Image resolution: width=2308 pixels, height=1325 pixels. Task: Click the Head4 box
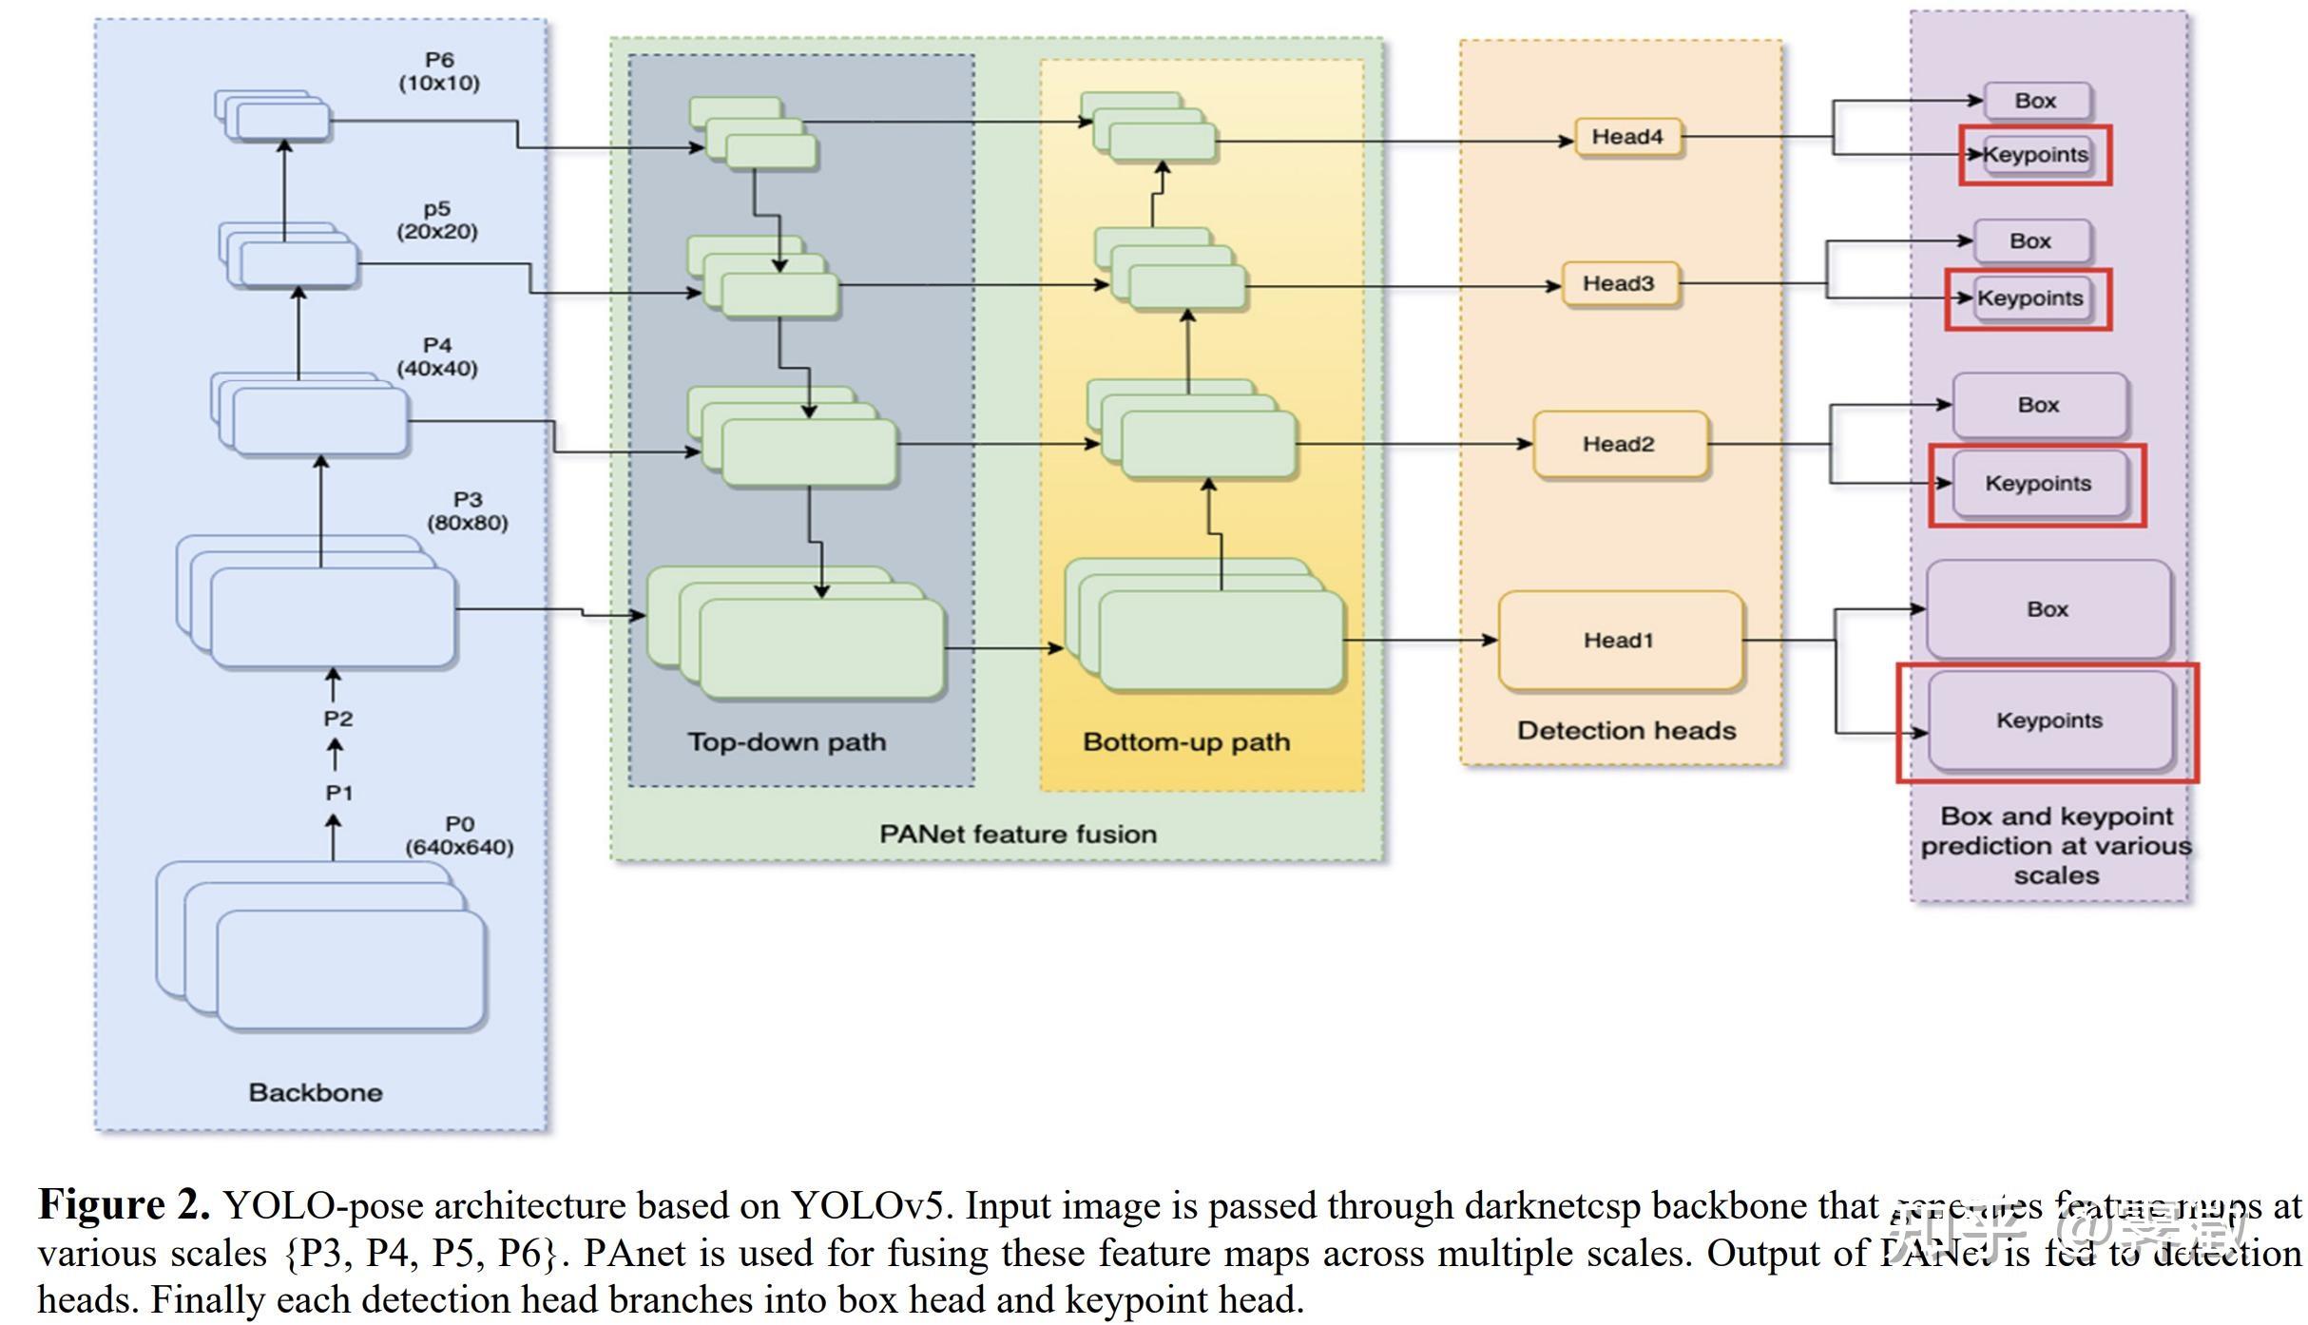(1627, 137)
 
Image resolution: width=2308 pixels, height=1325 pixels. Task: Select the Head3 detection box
(1619, 283)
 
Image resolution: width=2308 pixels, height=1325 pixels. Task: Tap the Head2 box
(1619, 444)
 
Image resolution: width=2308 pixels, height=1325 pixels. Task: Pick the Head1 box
(1619, 640)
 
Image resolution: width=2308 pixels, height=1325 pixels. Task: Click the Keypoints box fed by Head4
(2035, 155)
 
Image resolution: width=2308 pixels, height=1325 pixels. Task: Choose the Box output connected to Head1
(2048, 609)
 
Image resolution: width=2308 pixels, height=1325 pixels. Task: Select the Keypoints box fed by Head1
(2049, 720)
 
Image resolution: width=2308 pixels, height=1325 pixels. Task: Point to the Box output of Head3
(2030, 241)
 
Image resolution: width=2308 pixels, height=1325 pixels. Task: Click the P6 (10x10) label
(439, 71)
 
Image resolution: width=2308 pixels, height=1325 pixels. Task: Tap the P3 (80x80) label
(467, 510)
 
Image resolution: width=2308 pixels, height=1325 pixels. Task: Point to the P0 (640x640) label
(459, 835)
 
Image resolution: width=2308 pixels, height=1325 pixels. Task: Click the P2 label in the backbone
(337, 719)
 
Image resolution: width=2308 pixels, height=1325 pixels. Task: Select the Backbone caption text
(316, 1092)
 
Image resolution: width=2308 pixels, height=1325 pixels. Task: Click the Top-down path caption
(786, 741)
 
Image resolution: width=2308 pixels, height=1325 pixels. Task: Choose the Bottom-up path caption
(1186, 741)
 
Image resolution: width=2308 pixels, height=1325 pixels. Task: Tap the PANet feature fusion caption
(1017, 834)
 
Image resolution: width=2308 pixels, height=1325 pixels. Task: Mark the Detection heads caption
(1625, 730)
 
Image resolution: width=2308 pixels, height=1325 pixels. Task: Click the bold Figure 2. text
(124, 1204)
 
